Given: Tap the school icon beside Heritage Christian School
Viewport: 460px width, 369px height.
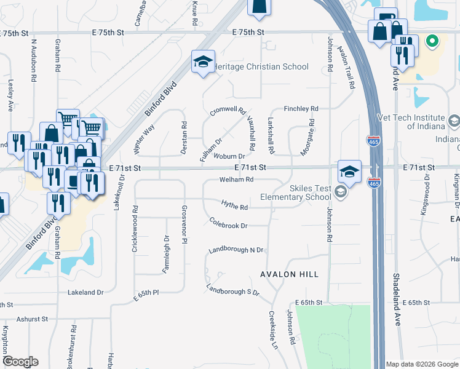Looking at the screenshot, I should pos(203,61).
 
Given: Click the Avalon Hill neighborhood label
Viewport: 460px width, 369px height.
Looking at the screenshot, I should pos(290,274).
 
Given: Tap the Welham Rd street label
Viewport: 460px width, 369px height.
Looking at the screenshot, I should pos(237,180).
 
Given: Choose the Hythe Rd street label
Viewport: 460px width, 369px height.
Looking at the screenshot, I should pos(235,207).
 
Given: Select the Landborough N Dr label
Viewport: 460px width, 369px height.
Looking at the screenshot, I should pos(236,250).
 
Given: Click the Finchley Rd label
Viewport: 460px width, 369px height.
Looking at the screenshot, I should pos(301,109).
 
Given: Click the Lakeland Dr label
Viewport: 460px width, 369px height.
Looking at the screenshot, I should pos(86,292).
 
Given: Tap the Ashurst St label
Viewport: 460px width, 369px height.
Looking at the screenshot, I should pos(32,319).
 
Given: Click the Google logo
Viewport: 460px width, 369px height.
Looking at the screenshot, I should pos(20,362).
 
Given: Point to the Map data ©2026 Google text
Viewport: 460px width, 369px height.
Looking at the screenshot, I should pos(421,364).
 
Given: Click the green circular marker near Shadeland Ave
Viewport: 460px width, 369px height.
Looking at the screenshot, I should pos(432,42).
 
